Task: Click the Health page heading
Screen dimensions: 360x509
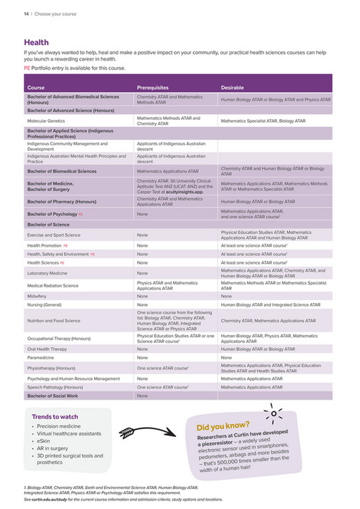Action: [36, 43]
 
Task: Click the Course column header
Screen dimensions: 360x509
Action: [36, 87]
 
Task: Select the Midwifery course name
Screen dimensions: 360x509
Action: [38, 296]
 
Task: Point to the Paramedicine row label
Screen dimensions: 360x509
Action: [42, 358]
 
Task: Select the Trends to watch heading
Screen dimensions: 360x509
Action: [55, 416]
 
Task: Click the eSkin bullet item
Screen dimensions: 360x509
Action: [43, 441]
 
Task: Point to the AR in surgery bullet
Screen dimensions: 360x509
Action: [52, 448]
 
